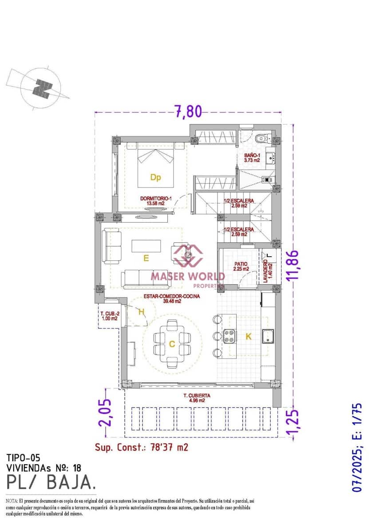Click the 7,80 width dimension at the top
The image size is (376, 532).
[187, 111]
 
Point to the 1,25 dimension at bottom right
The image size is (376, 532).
[293, 424]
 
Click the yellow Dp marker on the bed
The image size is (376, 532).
[155, 178]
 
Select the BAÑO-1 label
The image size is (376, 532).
[252, 157]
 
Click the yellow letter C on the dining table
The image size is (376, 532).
[172, 344]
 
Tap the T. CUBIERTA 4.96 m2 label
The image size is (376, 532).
[197, 398]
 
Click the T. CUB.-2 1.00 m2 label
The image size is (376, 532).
[109, 315]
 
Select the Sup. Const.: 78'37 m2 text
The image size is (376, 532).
[142, 447]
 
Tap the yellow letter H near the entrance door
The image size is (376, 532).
[141, 312]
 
